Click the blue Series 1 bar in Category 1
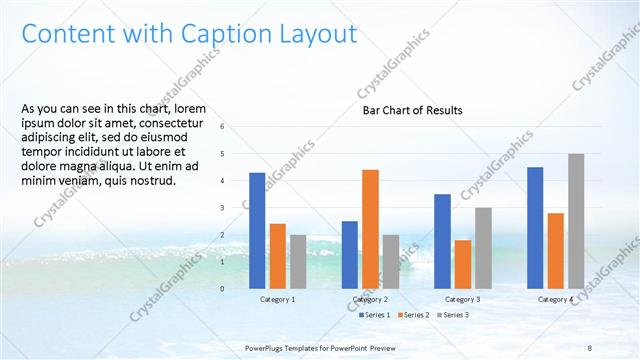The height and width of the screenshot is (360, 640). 257,230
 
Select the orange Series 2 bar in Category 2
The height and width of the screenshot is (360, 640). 370,228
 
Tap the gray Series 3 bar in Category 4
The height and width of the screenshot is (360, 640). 576,220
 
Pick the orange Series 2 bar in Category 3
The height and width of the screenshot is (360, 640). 463,264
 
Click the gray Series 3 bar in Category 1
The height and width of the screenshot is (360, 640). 298,261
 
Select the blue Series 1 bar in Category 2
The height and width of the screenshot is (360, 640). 350,254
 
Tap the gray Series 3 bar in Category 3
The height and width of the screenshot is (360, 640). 483,248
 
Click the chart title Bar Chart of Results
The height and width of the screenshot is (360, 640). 412,110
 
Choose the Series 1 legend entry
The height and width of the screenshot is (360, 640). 376,315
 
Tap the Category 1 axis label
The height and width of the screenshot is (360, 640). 277,299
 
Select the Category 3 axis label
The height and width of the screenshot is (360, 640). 463,299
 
